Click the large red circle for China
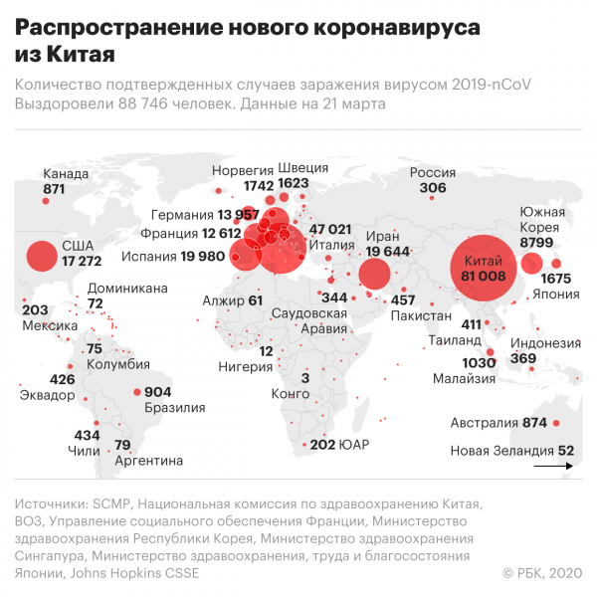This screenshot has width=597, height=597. [485, 266]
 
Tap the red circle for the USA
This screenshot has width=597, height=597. [41, 258]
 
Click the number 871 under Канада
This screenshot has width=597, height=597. [54, 188]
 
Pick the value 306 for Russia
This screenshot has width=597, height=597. [433, 188]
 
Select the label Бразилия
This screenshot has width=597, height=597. [174, 407]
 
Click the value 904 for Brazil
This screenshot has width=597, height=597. [157, 392]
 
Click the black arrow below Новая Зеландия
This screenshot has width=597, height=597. [553, 465]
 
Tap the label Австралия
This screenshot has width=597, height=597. [484, 422]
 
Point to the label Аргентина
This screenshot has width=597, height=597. [148, 461]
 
